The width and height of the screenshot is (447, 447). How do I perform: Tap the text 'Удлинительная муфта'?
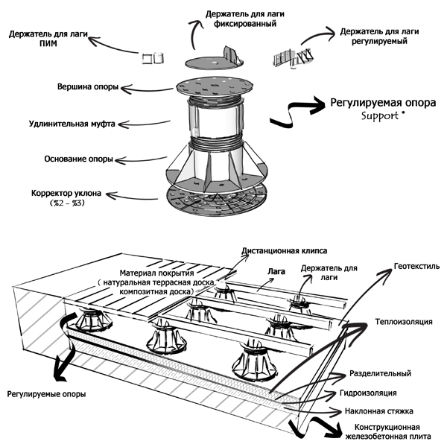click(x=72, y=123)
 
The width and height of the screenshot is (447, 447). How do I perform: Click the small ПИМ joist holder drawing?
click(x=152, y=57)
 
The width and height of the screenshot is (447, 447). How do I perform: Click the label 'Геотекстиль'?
click(x=414, y=265)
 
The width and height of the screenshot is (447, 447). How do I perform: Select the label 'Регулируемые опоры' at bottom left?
click(x=46, y=393)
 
